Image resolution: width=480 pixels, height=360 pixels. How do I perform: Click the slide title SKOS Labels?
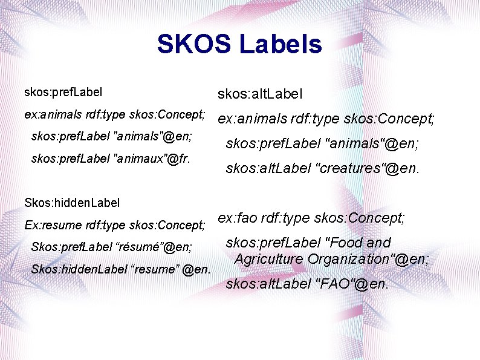click(x=239, y=44)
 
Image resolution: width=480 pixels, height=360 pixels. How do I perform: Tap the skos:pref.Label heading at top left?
click(x=63, y=93)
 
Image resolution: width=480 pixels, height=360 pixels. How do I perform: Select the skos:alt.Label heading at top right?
click(x=260, y=94)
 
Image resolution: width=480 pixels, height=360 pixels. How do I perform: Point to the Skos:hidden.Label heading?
click(x=72, y=202)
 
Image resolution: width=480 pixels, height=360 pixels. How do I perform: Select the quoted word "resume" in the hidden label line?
click(x=154, y=269)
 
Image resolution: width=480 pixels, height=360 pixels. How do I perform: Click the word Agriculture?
click(x=269, y=259)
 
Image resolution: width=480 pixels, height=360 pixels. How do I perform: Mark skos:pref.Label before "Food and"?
click(x=273, y=243)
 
